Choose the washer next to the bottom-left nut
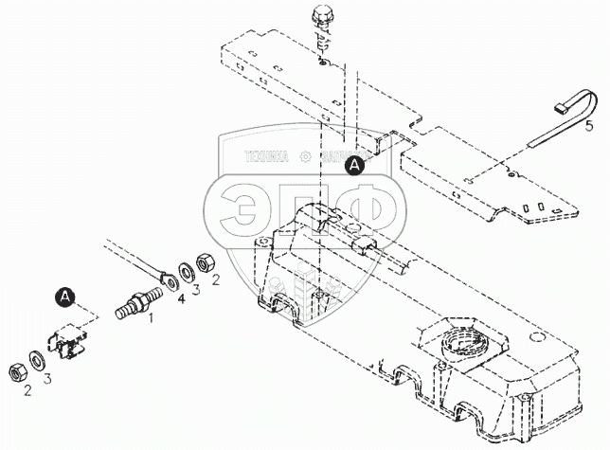(x=35, y=359)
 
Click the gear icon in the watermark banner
(x=305, y=157)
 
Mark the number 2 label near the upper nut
(x=215, y=279)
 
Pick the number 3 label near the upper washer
(x=196, y=290)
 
